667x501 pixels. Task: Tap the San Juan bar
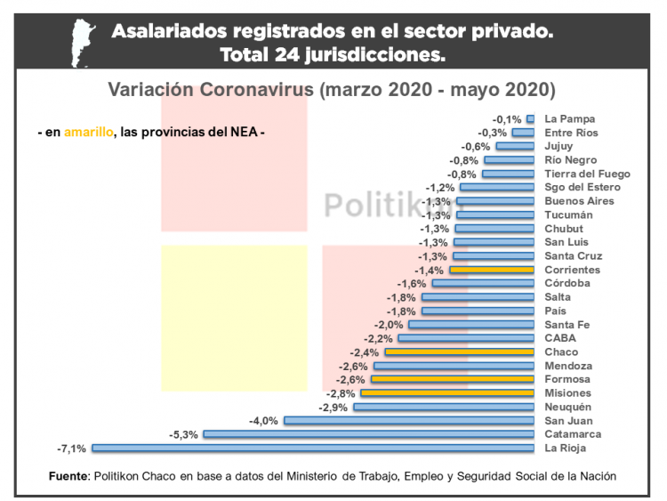tap(409, 420)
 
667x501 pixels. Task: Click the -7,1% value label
tap(74, 448)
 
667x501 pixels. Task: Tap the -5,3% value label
tap(183, 434)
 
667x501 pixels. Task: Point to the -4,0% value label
tap(264, 421)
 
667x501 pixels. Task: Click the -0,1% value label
tap(507, 119)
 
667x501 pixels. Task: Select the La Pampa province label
tap(569, 118)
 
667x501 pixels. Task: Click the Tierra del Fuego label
tap(587, 174)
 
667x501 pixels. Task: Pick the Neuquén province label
tap(567, 407)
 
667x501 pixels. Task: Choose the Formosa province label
tap(568, 379)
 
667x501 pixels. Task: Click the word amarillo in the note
tap(89, 132)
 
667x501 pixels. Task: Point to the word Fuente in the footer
tap(68, 477)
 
